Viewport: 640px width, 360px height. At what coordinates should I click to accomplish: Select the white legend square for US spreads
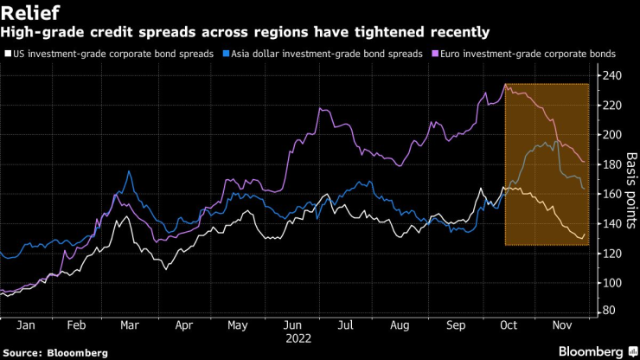(x=8, y=54)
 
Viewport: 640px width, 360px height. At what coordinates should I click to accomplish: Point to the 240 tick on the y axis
(x=611, y=76)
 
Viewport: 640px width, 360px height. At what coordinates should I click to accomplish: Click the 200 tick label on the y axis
(x=611, y=135)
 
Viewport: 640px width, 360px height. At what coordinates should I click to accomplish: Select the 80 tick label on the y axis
(x=608, y=310)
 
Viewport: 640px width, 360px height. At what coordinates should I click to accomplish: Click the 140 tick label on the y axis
(x=611, y=223)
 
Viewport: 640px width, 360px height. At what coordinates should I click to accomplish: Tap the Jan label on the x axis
(x=25, y=326)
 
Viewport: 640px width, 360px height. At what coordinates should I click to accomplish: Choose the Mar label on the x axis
(x=130, y=326)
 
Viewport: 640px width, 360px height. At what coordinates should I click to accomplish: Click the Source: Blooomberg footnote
(x=55, y=353)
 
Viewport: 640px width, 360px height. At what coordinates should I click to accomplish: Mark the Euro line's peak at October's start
(x=505, y=84)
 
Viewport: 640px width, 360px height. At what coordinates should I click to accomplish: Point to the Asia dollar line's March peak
(x=129, y=171)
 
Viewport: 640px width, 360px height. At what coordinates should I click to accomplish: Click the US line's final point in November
(x=586, y=234)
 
